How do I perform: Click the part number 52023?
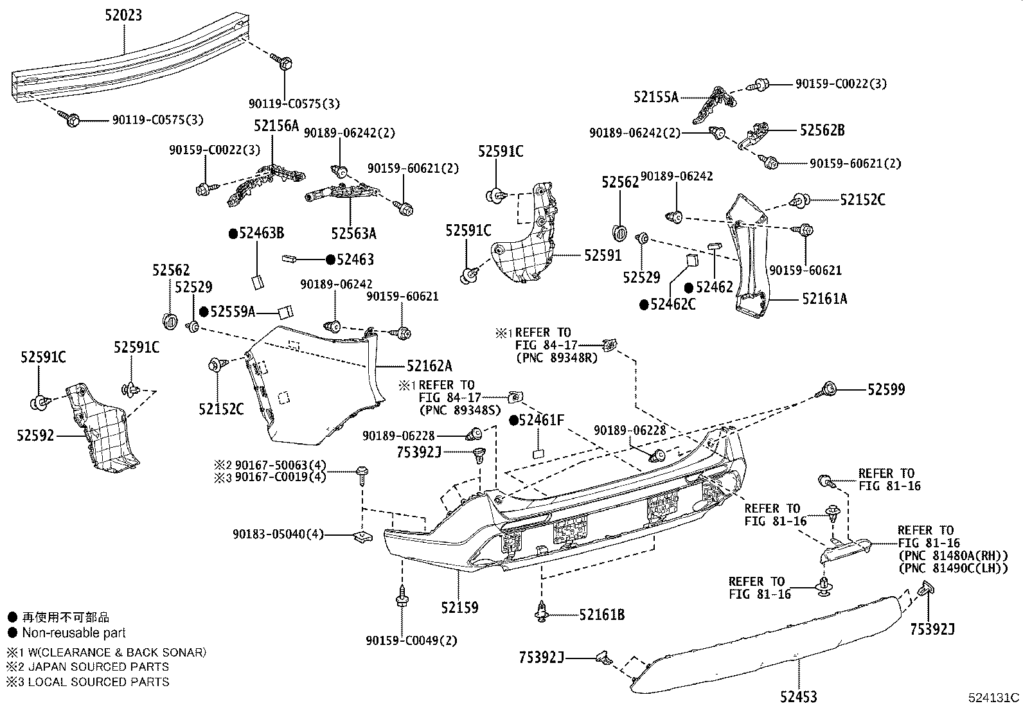tap(123, 14)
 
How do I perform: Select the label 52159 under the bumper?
tap(459, 607)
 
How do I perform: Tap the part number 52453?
tap(799, 696)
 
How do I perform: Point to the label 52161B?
tap(601, 615)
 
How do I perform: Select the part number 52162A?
tap(429, 366)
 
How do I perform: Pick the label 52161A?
tap(824, 299)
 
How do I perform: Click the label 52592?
tap(35, 436)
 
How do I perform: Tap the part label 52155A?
tap(655, 97)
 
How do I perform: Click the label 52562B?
tap(822, 130)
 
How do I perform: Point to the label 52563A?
tap(353, 233)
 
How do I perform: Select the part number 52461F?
tap(541, 421)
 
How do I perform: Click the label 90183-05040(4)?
tap(279, 534)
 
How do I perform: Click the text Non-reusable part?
tap(74, 633)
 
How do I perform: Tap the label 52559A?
tap(233, 312)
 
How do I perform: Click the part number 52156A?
tap(276, 126)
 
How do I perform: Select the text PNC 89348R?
tap(556, 358)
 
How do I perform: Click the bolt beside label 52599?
tap(828, 389)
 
